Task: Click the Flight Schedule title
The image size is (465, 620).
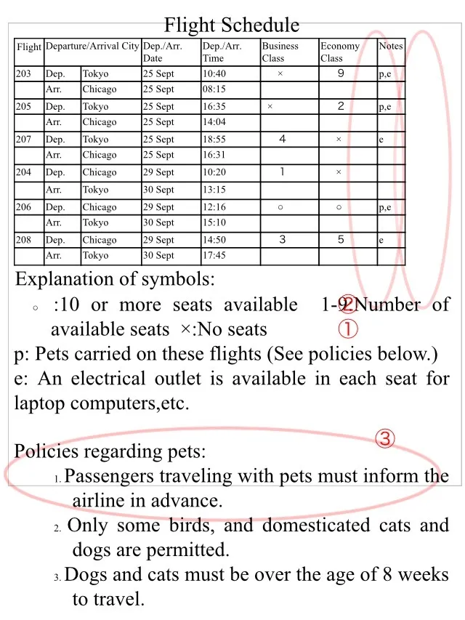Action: pyautogui.click(x=231, y=25)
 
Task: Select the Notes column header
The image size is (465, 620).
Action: pyautogui.click(x=391, y=46)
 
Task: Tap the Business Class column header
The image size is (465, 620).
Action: pyautogui.click(x=280, y=52)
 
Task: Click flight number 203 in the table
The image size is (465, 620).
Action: pyautogui.click(x=23, y=74)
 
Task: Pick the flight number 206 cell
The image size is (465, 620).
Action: pyautogui.click(x=23, y=207)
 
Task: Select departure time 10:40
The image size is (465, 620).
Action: pyautogui.click(x=214, y=74)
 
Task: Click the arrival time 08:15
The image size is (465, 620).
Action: pyautogui.click(x=214, y=89)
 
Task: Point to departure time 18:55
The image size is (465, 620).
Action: pyautogui.click(x=214, y=140)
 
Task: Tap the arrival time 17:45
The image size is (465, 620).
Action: pyautogui.click(x=214, y=255)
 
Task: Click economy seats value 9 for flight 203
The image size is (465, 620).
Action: pyautogui.click(x=341, y=73)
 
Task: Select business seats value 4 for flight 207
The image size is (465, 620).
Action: pyautogui.click(x=282, y=139)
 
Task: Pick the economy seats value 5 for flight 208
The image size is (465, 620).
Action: pyautogui.click(x=341, y=239)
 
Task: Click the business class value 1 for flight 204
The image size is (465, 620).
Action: pyautogui.click(x=282, y=172)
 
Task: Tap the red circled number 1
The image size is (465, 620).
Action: pyautogui.click(x=348, y=329)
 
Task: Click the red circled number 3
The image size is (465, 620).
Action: pyautogui.click(x=385, y=438)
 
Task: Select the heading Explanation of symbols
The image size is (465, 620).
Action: pyautogui.click(x=116, y=279)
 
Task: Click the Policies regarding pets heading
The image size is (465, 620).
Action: pyautogui.click(x=110, y=451)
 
